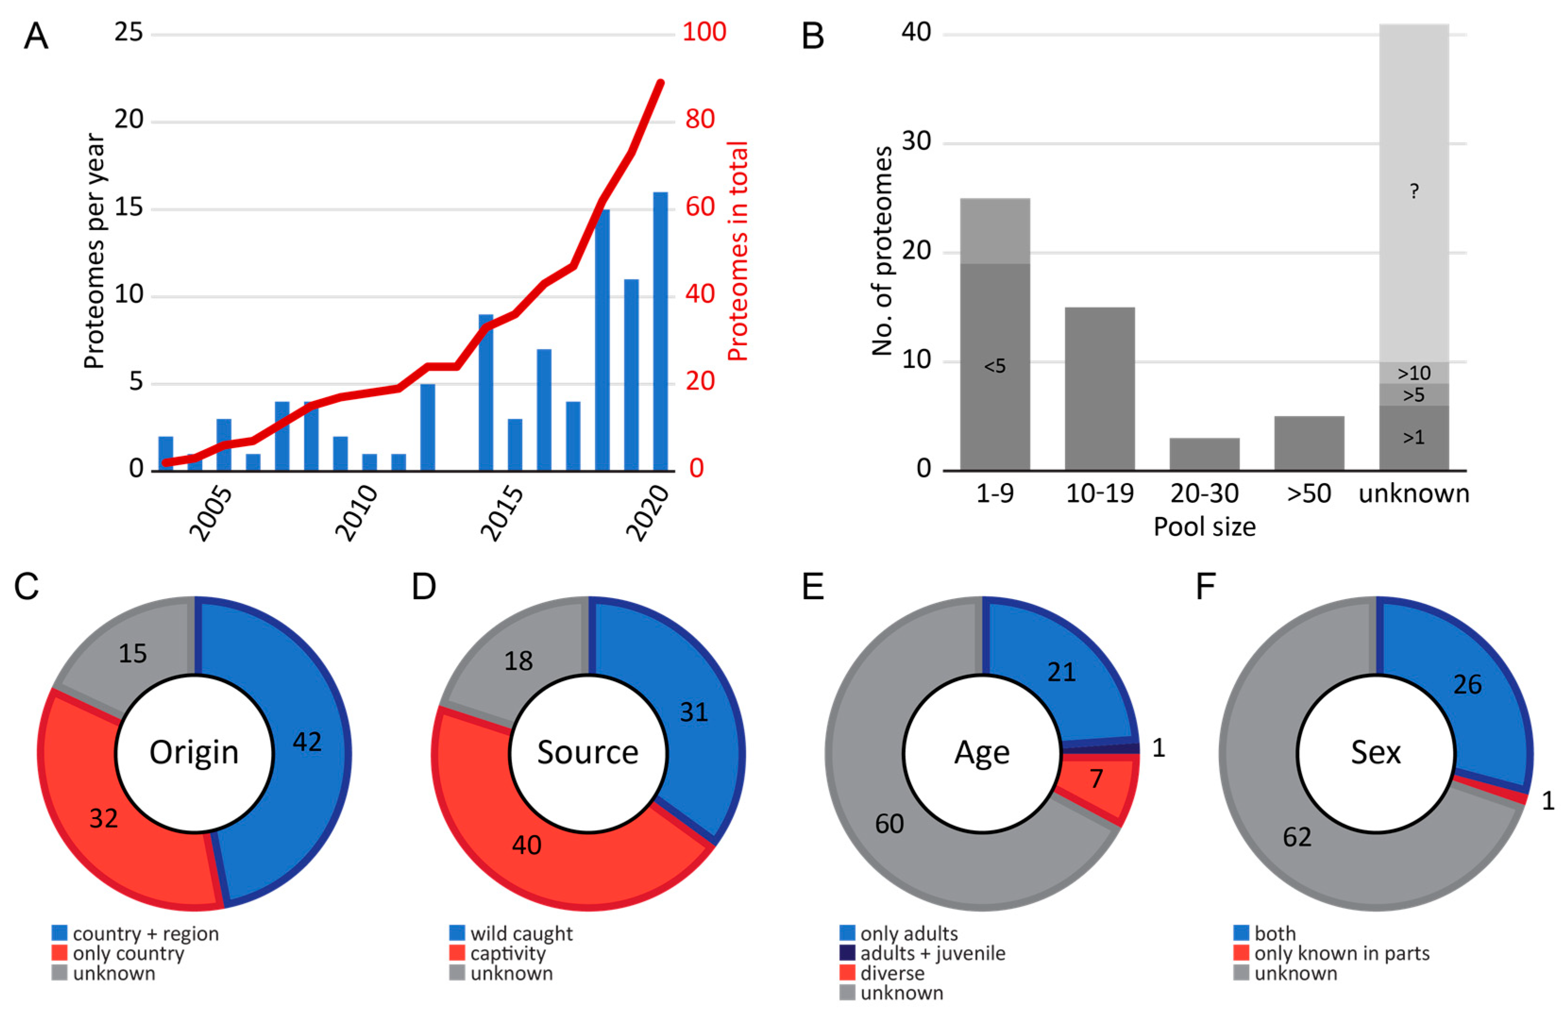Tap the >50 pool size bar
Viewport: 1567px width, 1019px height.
(1309, 443)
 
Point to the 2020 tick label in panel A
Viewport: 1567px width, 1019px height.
(647, 513)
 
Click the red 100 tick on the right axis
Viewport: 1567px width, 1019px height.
(704, 32)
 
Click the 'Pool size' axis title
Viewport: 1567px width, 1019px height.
(1204, 526)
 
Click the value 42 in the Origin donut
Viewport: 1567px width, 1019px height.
(307, 742)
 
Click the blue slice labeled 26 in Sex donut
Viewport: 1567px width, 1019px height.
(1467, 685)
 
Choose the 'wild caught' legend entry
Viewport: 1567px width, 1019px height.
(511, 934)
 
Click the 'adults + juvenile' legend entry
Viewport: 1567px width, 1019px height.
(922, 953)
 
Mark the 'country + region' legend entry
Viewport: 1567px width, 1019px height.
(135, 934)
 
